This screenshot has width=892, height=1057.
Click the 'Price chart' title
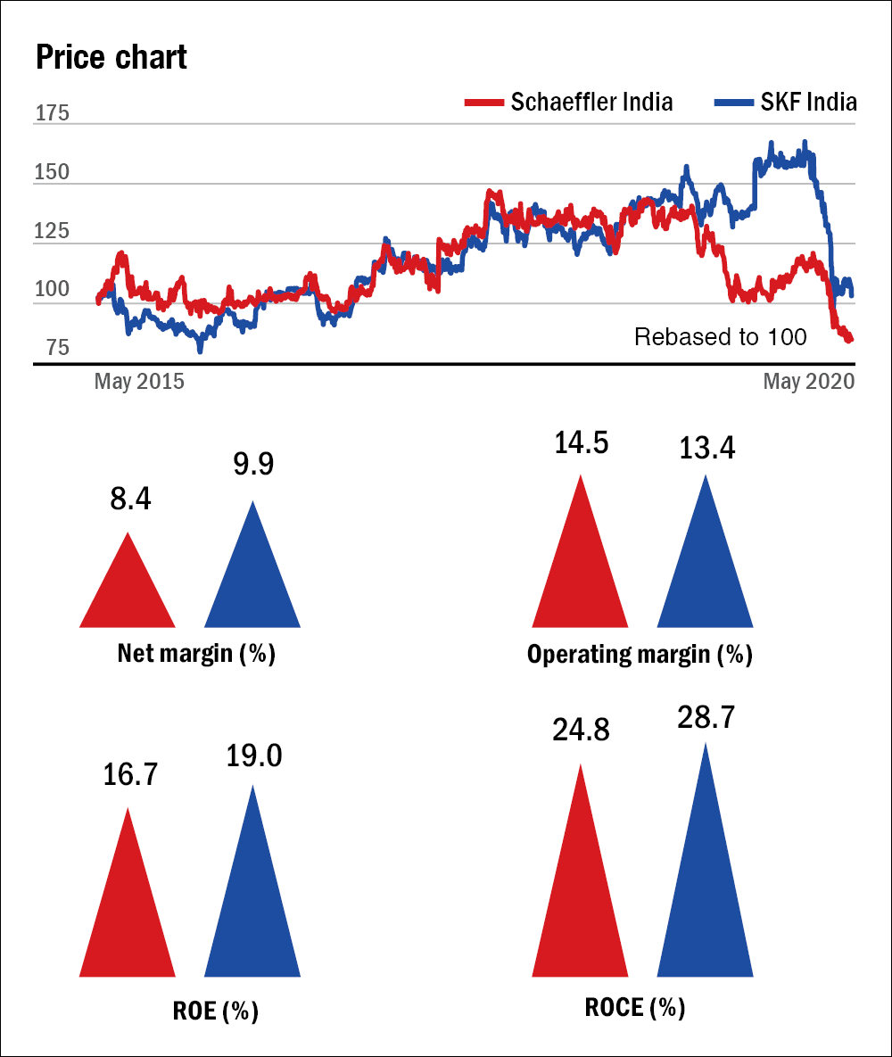click(111, 58)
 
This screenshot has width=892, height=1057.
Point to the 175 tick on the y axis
click(52, 114)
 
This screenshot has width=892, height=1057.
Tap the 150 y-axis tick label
click(52, 172)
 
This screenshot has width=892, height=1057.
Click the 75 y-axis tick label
click(52, 348)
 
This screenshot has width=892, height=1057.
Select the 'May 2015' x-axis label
click(139, 382)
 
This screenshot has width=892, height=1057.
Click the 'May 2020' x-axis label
click(808, 382)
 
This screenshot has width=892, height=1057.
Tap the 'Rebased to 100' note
click(720, 337)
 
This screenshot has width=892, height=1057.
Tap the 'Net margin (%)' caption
click(196, 654)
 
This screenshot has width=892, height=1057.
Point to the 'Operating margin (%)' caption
click(640, 655)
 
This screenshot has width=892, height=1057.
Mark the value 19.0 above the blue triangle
click(252, 756)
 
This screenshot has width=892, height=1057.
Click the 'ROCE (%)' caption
click(635, 1007)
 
